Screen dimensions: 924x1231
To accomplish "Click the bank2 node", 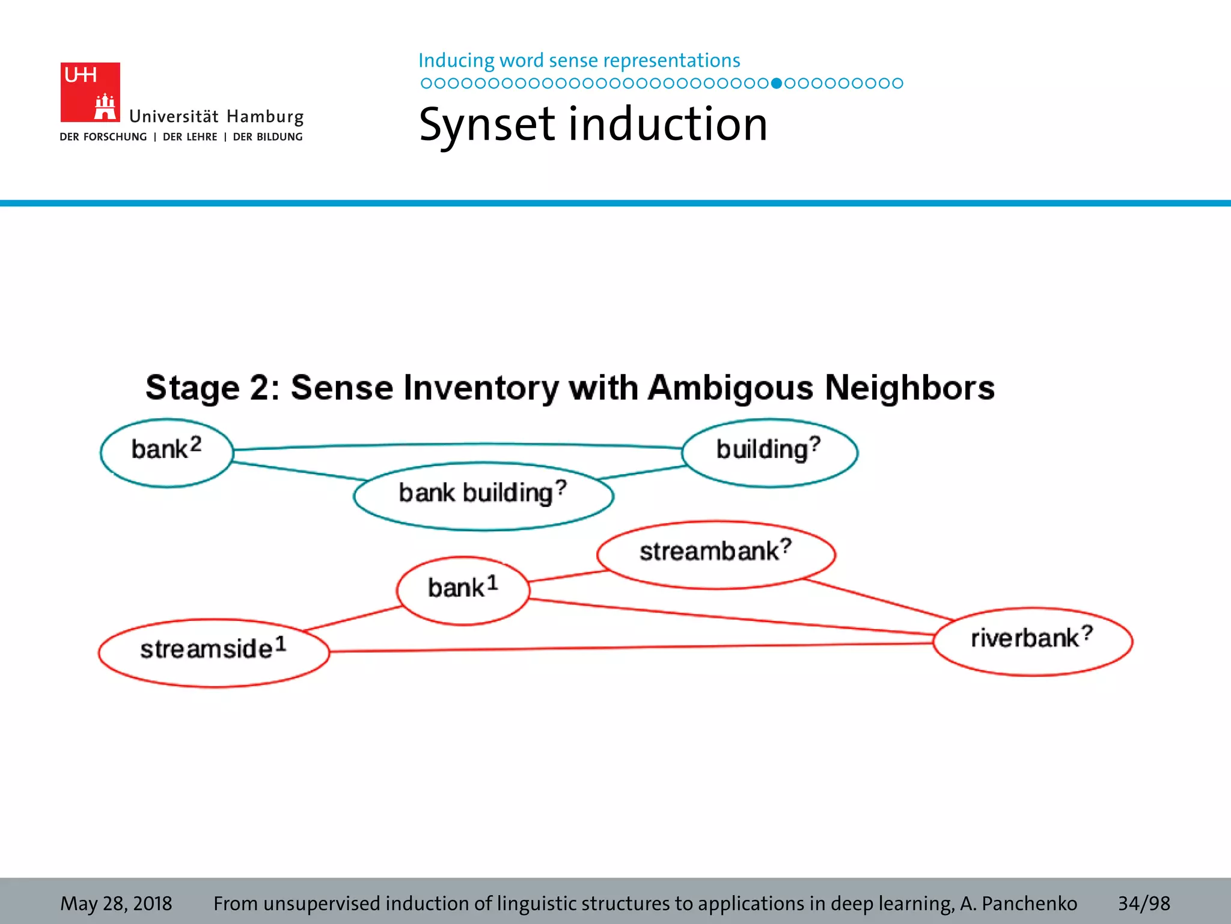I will (166, 452).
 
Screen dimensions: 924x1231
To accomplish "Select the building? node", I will (769, 452).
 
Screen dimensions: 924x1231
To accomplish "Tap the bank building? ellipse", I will (483, 496).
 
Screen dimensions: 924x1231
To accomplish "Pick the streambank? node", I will (715, 554).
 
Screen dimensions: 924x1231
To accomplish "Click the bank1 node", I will (463, 590).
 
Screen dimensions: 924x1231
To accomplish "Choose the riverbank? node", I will (1032, 641).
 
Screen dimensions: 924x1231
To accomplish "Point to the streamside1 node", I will (213, 653).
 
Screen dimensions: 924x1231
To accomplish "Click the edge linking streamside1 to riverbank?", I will (631, 647).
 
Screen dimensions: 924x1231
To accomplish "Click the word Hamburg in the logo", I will (265, 117).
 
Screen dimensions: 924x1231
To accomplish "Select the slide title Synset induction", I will (593, 125).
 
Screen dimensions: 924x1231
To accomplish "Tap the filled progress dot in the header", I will (776, 83).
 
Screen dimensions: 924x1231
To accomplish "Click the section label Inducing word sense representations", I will (579, 61).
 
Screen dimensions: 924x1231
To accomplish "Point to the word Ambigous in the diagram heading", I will (730, 388).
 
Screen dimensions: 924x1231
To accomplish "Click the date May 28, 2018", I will (116, 903).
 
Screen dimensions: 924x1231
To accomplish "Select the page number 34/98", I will (1143, 903).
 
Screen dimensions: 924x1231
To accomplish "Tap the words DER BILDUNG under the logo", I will (267, 137).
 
